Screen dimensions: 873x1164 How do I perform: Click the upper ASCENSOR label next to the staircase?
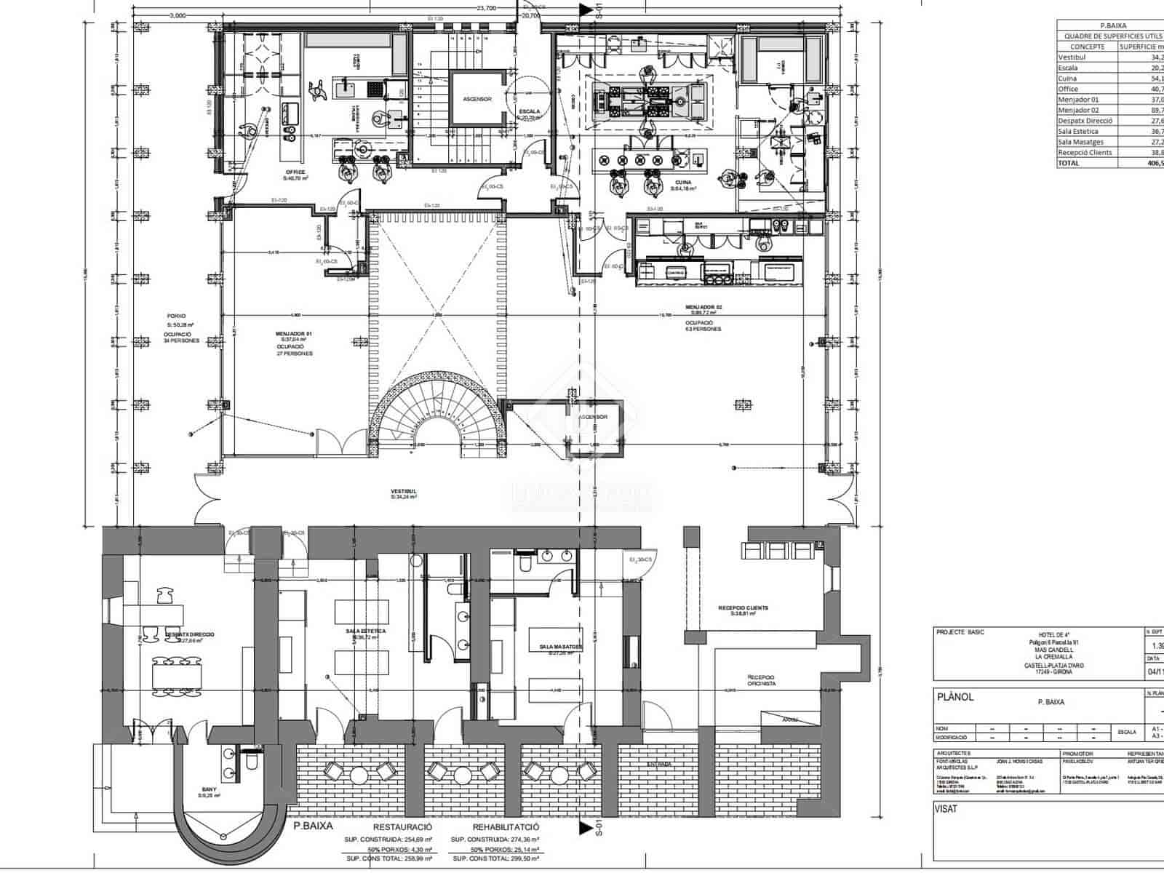click(477, 99)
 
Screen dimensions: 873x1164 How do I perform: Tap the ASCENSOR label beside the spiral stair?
click(592, 418)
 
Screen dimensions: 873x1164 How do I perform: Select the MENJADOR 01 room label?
click(294, 334)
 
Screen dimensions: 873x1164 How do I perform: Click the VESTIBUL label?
click(404, 493)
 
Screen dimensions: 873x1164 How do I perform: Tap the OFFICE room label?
click(295, 172)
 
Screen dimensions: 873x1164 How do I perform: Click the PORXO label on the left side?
click(175, 316)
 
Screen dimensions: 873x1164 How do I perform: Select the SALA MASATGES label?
click(559, 647)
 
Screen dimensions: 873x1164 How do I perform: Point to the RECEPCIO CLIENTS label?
click(743, 608)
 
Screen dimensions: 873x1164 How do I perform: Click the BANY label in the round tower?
click(209, 789)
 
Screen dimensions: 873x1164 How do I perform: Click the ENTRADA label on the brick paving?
click(658, 765)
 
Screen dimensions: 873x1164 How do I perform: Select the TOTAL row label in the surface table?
click(1069, 164)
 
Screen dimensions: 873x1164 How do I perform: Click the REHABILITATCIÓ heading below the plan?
click(506, 827)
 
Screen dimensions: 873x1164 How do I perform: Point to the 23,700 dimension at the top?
click(486, 8)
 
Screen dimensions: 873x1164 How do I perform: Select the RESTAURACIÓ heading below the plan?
click(402, 827)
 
